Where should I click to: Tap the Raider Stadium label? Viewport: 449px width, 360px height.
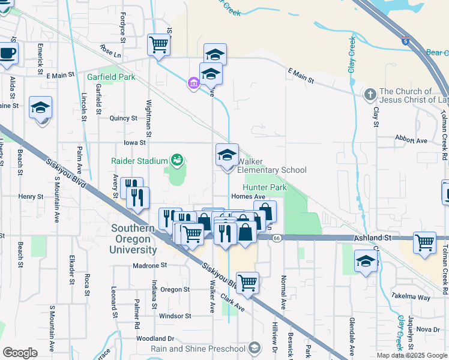[139, 160]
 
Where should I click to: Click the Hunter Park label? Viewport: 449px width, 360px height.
[265, 187]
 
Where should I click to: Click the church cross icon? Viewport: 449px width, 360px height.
[369, 94]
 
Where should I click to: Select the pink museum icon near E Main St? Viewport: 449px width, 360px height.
[193, 83]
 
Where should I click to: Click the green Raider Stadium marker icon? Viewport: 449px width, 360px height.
[176, 160]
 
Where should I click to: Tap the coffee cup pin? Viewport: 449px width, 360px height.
[8, 53]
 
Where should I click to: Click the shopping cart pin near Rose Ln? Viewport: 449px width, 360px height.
[158, 44]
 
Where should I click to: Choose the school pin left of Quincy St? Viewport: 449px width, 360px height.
[41, 107]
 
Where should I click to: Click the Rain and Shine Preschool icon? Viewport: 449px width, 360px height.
[254, 349]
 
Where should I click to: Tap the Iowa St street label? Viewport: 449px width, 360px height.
[134, 143]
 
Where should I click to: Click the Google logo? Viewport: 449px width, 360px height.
[20, 353]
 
